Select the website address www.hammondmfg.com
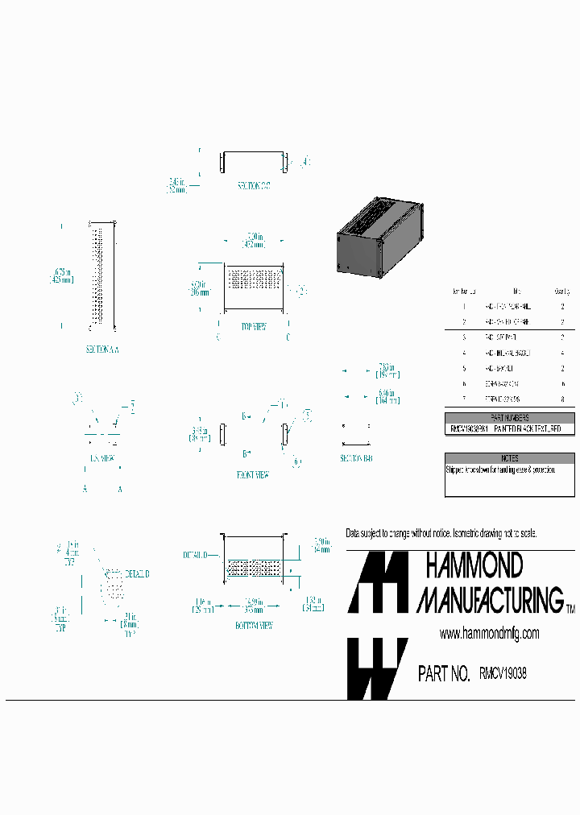point(489,634)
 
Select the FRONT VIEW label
point(252,475)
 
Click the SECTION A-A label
point(102,350)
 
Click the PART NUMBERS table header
point(510,418)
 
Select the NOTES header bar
point(510,457)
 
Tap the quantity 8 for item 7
point(561,399)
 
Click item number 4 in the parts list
point(464,353)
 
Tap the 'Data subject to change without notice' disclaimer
point(441,534)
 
